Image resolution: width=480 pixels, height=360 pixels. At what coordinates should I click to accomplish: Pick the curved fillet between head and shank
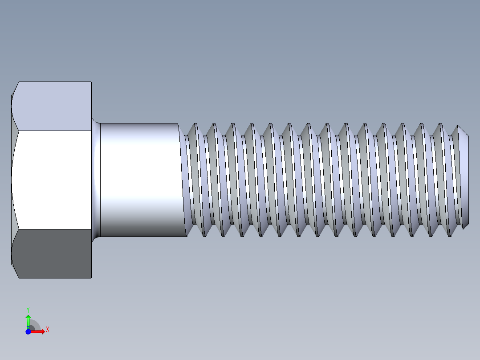[x=96, y=180]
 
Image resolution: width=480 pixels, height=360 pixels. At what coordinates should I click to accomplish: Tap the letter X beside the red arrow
[x=47, y=329]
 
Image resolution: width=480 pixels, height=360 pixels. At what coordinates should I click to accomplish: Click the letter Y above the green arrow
[x=28, y=309]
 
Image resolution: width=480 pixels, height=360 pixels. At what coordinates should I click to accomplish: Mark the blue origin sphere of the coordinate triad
[x=28, y=331]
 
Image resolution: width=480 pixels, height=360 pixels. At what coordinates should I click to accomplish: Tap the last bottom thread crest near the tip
[x=450, y=234]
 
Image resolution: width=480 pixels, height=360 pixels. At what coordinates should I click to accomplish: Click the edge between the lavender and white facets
[x=53, y=131]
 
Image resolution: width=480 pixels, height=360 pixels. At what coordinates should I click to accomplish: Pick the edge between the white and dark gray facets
[x=53, y=229]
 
